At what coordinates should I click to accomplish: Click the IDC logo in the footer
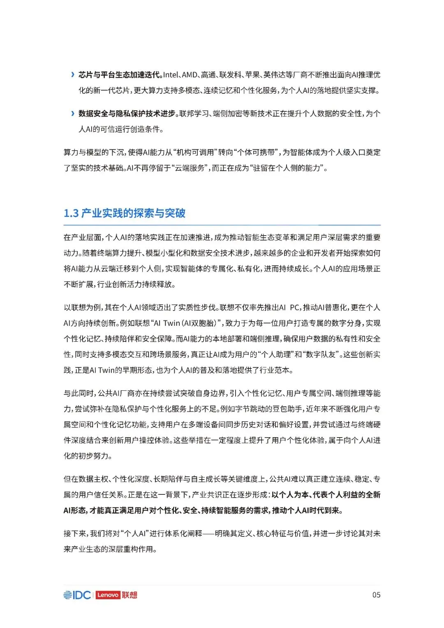[77, 595]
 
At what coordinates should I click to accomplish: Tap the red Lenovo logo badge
[108, 595]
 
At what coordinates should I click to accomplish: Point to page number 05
[376, 595]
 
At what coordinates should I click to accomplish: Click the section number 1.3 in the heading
[71, 213]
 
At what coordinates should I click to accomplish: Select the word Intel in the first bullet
[171, 74]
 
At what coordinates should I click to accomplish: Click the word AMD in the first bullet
[190, 74]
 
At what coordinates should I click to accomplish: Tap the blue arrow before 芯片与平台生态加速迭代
[73, 74]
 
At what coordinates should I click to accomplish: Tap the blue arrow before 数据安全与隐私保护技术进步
[73, 113]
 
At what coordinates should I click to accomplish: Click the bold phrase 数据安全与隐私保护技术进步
[127, 113]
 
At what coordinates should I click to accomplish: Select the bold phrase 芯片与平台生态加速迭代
[119, 74]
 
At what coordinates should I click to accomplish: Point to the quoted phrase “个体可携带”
[255, 152]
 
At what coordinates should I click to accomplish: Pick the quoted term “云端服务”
[190, 168]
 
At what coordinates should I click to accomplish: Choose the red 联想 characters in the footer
[129, 595]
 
